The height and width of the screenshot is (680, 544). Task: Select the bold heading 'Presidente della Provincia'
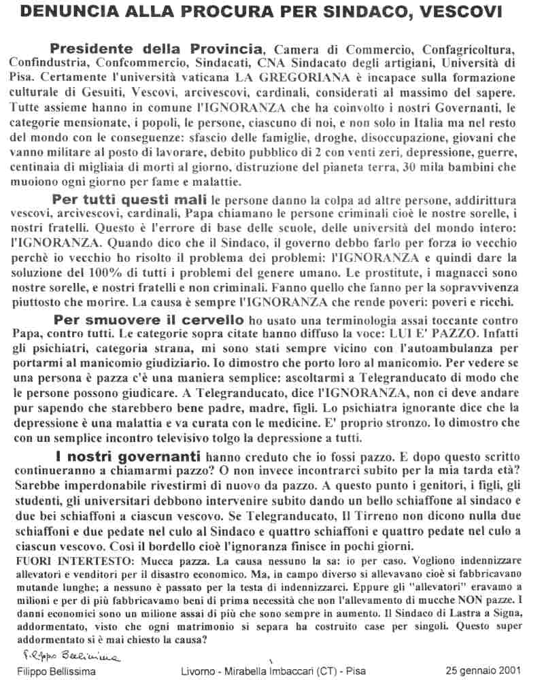tap(156, 49)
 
